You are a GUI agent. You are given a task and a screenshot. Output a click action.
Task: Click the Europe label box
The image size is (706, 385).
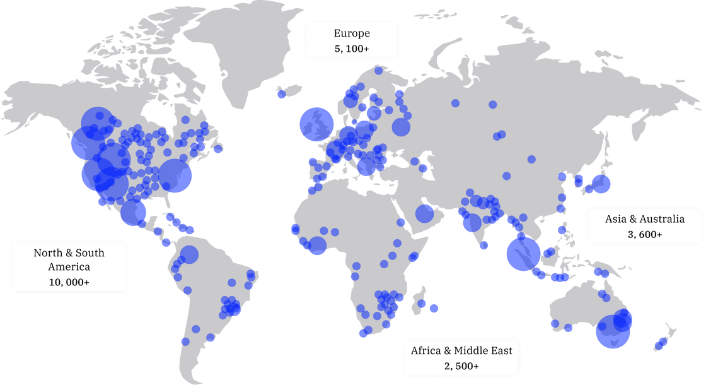tap(352, 40)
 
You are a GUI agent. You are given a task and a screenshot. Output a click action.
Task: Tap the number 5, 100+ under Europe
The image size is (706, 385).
tap(352, 48)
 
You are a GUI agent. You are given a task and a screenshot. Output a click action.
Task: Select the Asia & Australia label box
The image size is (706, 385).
tap(644, 226)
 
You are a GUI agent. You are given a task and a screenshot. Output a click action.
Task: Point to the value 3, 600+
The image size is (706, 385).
tap(644, 234)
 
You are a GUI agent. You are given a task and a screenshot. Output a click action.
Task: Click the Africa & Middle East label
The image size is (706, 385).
tap(461, 358)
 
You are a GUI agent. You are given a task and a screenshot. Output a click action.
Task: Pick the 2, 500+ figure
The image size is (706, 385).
tap(461, 366)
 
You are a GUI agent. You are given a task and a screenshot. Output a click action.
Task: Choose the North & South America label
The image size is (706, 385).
tap(69, 267)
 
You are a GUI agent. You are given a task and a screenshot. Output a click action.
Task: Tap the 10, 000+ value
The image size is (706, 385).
tap(69, 282)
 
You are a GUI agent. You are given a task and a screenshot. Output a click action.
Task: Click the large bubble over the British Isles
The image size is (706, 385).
tap(316, 124)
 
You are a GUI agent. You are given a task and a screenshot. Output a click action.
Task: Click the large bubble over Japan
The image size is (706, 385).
tap(601, 184)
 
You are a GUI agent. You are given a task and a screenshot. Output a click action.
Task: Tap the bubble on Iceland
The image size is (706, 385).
tap(281, 94)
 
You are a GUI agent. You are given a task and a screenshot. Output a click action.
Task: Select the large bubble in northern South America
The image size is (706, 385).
tap(188, 255)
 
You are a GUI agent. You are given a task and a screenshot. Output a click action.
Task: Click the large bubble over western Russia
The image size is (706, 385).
tap(401, 127)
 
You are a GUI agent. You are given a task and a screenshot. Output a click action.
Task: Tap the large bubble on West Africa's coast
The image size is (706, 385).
tap(317, 246)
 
